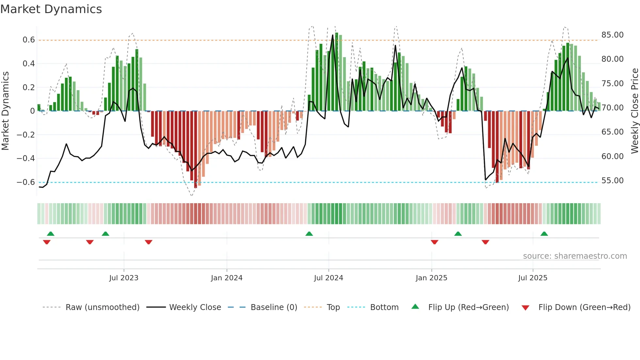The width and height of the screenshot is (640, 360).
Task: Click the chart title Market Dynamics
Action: point(51,9)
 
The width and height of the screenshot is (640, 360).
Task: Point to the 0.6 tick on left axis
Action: point(28,40)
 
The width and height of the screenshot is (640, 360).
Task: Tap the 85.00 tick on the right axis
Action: point(612,35)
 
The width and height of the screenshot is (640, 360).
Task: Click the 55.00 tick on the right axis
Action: point(612,181)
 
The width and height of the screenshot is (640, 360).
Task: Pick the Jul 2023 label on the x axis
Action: point(124,278)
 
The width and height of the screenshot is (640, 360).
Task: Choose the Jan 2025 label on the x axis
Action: point(431,278)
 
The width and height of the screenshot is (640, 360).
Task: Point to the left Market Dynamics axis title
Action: point(5,111)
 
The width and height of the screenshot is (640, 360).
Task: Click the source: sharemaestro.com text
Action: point(575,256)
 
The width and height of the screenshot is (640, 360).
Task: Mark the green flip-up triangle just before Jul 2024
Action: point(309,234)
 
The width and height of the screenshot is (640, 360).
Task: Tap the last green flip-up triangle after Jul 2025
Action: point(544,234)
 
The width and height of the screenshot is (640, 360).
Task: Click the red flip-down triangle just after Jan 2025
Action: point(434,242)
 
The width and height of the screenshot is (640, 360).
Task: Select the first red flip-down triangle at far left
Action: point(47,242)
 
